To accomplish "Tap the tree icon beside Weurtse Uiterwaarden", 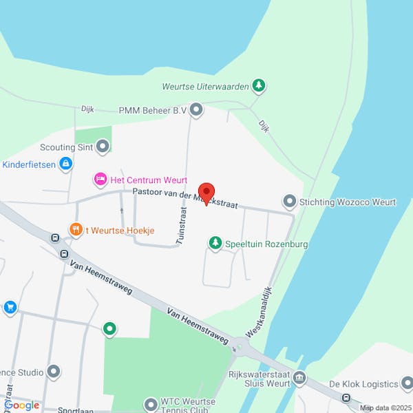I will (x=258, y=86).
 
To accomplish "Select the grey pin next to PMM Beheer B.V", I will (x=197, y=109).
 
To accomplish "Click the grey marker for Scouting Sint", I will (x=103, y=146).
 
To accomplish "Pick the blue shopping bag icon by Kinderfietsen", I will (x=65, y=164).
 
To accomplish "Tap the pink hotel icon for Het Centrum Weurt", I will (x=100, y=180).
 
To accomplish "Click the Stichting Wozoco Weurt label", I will (x=348, y=202).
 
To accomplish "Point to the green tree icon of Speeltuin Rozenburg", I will (x=215, y=244).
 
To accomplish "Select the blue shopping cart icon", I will (x=10, y=307).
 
